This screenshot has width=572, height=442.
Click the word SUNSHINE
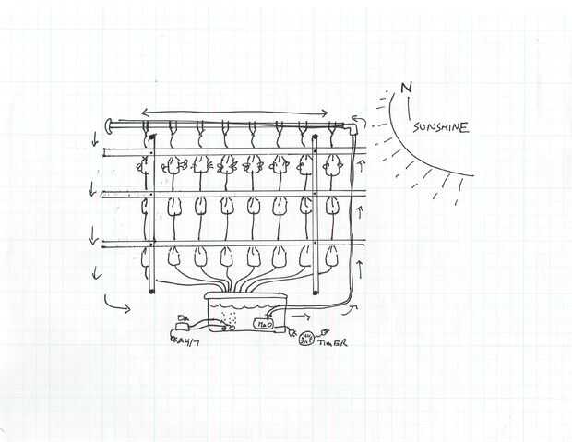click(440, 127)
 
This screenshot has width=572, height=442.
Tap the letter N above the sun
click(406, 90)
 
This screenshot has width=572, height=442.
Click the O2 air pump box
click(181, 324)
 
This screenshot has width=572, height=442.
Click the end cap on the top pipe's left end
click(109, 122)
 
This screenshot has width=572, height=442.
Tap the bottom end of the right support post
click(316, 293)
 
